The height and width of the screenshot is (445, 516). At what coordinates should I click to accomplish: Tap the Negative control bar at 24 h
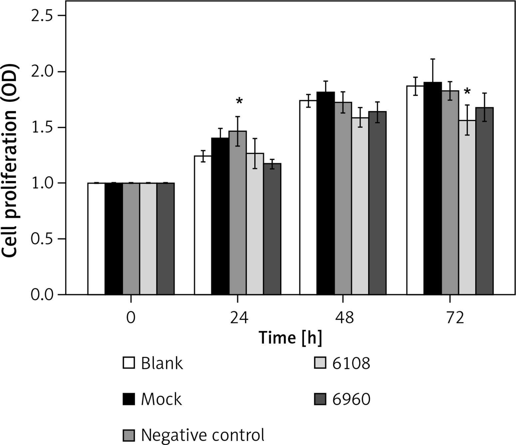click(238, 213)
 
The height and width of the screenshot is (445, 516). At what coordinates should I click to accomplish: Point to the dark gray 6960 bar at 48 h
click(378, 203)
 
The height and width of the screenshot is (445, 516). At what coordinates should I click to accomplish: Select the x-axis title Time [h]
click(290, 338)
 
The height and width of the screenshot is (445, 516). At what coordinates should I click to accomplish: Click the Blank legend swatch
click(129, 363)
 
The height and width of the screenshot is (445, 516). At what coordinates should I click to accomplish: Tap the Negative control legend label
click(203, 435)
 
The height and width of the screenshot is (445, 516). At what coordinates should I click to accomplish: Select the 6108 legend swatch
click(320, 363)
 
